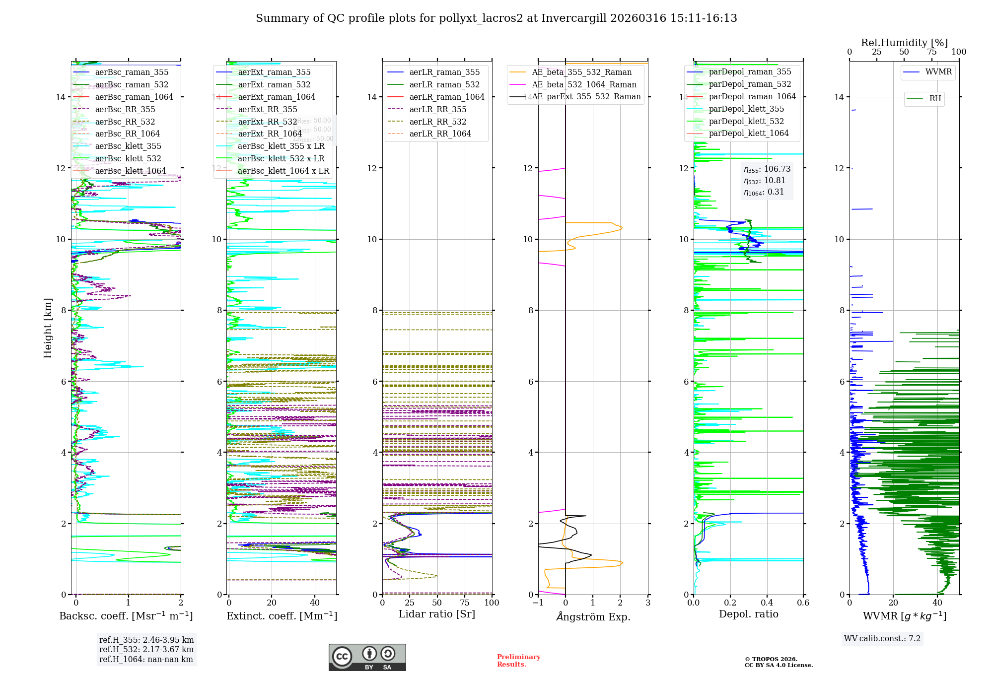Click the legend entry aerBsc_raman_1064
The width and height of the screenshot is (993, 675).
[134, 97]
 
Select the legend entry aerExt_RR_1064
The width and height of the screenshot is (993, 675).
[270, 134]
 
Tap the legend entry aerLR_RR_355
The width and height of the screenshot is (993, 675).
[437, 109]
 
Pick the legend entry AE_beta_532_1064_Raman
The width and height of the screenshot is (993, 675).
[584, 84]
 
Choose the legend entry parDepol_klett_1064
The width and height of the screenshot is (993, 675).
[748, 133]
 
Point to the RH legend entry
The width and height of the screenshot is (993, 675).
[935, 99]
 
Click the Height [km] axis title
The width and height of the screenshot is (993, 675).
[48, 328]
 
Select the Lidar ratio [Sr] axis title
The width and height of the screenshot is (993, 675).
[437, 614]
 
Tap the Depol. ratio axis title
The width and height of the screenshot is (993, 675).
[748, 614]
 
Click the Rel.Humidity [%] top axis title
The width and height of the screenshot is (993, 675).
[904, 43]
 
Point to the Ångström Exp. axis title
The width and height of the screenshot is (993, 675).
[593, 616]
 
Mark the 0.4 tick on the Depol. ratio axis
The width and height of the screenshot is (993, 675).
[767, 603]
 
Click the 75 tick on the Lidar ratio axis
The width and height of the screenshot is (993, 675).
[465, 603]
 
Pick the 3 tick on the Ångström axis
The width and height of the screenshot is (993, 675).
[647, 603]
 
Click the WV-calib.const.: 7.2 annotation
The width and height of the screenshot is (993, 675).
[882, 638]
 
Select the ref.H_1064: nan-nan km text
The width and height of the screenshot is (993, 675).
[146, 659]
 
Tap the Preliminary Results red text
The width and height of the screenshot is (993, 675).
[518, 660]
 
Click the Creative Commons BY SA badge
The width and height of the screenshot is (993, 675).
[367, 657]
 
